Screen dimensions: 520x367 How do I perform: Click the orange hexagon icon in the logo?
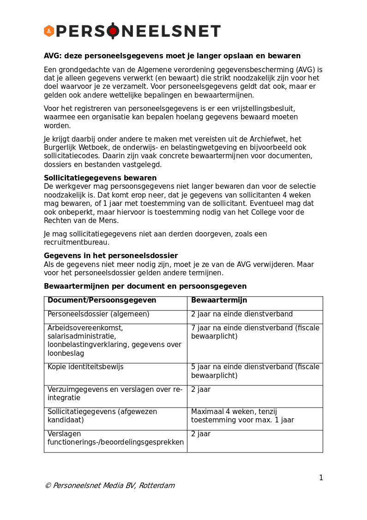(49, 31)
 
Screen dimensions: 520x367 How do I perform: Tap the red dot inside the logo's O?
(113, 31)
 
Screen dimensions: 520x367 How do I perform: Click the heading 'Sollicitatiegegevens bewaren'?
(100, 178)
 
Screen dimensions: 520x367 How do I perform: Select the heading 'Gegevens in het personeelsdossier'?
(111, 256)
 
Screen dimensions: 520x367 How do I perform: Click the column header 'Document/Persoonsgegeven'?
(102, 300)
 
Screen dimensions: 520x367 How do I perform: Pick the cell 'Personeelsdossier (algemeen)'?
(98, 314)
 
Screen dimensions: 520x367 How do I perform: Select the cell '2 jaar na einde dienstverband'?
(242, 314)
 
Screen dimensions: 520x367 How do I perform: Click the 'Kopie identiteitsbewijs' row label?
(85, 367)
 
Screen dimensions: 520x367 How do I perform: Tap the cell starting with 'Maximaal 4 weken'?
(242, 416)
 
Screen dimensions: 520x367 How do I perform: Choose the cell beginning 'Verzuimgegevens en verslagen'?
(115, 394)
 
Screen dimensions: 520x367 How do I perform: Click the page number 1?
(321, 478)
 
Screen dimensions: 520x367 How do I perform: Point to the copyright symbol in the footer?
(48, 486)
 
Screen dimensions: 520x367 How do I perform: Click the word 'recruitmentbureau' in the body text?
(76, 242)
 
